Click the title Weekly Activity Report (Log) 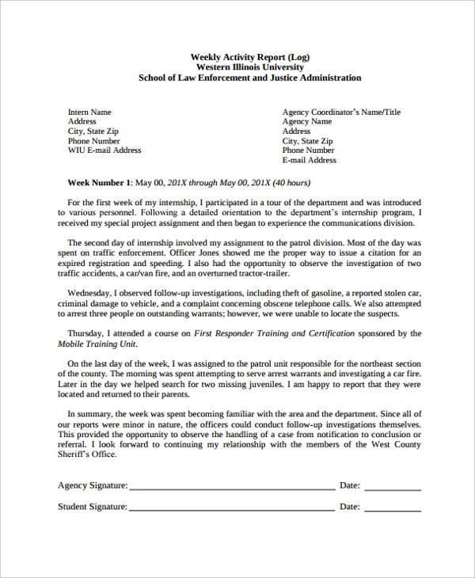pos(249,56)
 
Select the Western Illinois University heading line pos(249,67)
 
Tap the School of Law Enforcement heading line pos(249,78)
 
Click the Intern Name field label pos(89,112)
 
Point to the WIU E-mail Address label pos(104,150)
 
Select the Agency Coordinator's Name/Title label pos(341,112)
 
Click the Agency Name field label pos(307,122)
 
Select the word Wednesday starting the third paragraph pos(90,292)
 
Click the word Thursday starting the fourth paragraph pos(87,333)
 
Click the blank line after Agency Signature pos(231,485)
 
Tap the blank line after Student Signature pos(231,507)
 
